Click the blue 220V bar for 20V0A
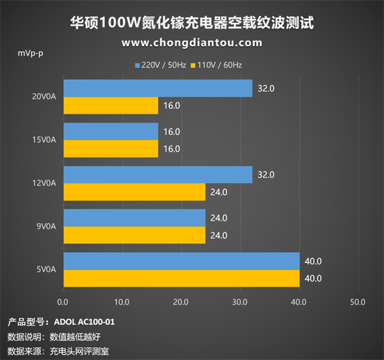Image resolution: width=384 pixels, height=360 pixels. pyautogui.click(x=157, y=88)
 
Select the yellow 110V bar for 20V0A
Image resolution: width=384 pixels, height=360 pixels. pyautogui.click(x=110, y=106)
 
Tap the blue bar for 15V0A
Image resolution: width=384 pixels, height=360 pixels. pyautogui.click(x=110, y=132)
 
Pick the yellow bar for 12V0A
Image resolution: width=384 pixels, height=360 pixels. pyautogui.click(x=134, y=192)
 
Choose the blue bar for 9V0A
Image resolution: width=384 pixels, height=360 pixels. pyautogui.click(x=134, y=218)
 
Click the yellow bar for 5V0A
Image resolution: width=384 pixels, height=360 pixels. pyautogui.click(x=181, y=278)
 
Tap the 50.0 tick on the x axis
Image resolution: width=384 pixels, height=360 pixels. pyautogui.click(x=358, y=301)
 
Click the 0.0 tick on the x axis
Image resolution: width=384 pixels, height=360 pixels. pyautogui.click(x=63, y=301)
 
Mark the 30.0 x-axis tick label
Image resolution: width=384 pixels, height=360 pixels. pyautogui.click(x=240, y=301)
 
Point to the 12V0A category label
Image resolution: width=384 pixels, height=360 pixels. pyautogui.click(x=44, y=184)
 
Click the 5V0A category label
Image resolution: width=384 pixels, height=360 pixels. pyautogui.click(x=46, y=270)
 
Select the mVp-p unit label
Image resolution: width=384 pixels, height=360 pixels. pyautogui.click(x=30, y=52)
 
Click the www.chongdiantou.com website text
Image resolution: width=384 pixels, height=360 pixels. pyautogui.click(x=191, y=43)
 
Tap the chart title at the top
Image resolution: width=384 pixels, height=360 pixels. pyautogui.click(x=191, y=23)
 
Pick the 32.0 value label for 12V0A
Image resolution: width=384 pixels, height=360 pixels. pyautogui.click(x=266, y=175)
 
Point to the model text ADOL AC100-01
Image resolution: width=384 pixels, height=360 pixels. pyautogui.click(x=84, y=322)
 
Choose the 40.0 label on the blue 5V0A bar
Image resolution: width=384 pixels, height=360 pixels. pyautogui.click(x=313, y=261)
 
